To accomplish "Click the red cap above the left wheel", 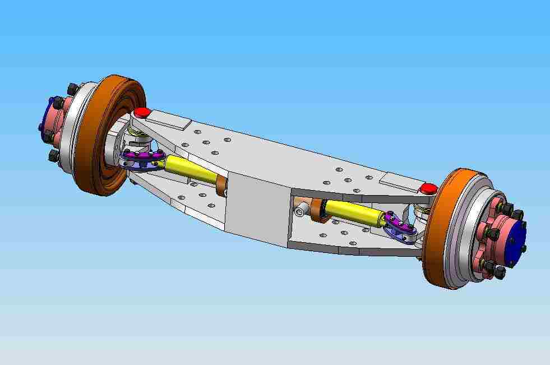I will tap(141, 112).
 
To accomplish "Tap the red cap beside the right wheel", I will tap(429, 188).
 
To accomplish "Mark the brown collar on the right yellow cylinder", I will tap(320, 210).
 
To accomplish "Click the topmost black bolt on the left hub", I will tap(72, 89).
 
